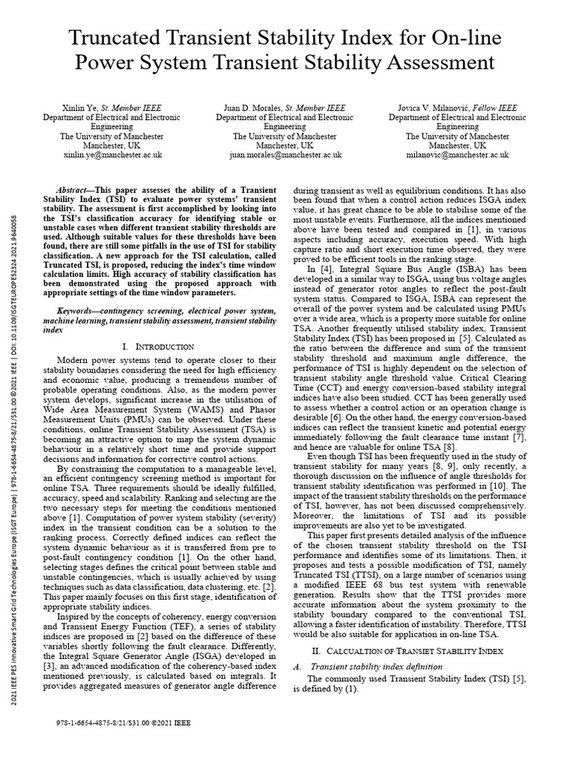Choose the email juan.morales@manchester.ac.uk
(x=285, y=155)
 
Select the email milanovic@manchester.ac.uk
(x=458, y=155)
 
